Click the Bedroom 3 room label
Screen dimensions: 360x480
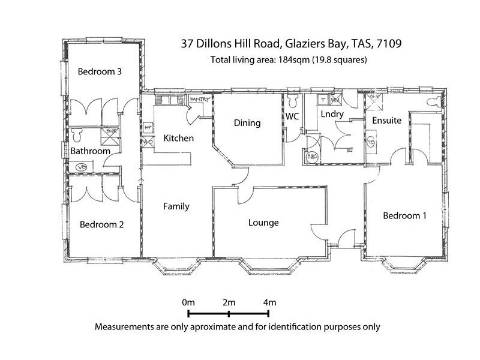[100, 71]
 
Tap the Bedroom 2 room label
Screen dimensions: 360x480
[101, 225]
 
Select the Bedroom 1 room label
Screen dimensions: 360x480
[404, 216]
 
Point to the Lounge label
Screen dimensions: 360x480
[263, 223]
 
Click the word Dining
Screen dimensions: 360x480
[247, 123]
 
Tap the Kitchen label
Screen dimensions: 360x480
[178, 139]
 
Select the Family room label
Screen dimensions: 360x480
[176, 206]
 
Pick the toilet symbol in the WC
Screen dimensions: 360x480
[293, 98]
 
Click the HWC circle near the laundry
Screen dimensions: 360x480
[311, 156]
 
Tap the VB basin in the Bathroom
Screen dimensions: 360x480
[82, 166]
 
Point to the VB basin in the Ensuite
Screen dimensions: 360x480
[371, 143]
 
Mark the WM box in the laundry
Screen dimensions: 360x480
[334, 100]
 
